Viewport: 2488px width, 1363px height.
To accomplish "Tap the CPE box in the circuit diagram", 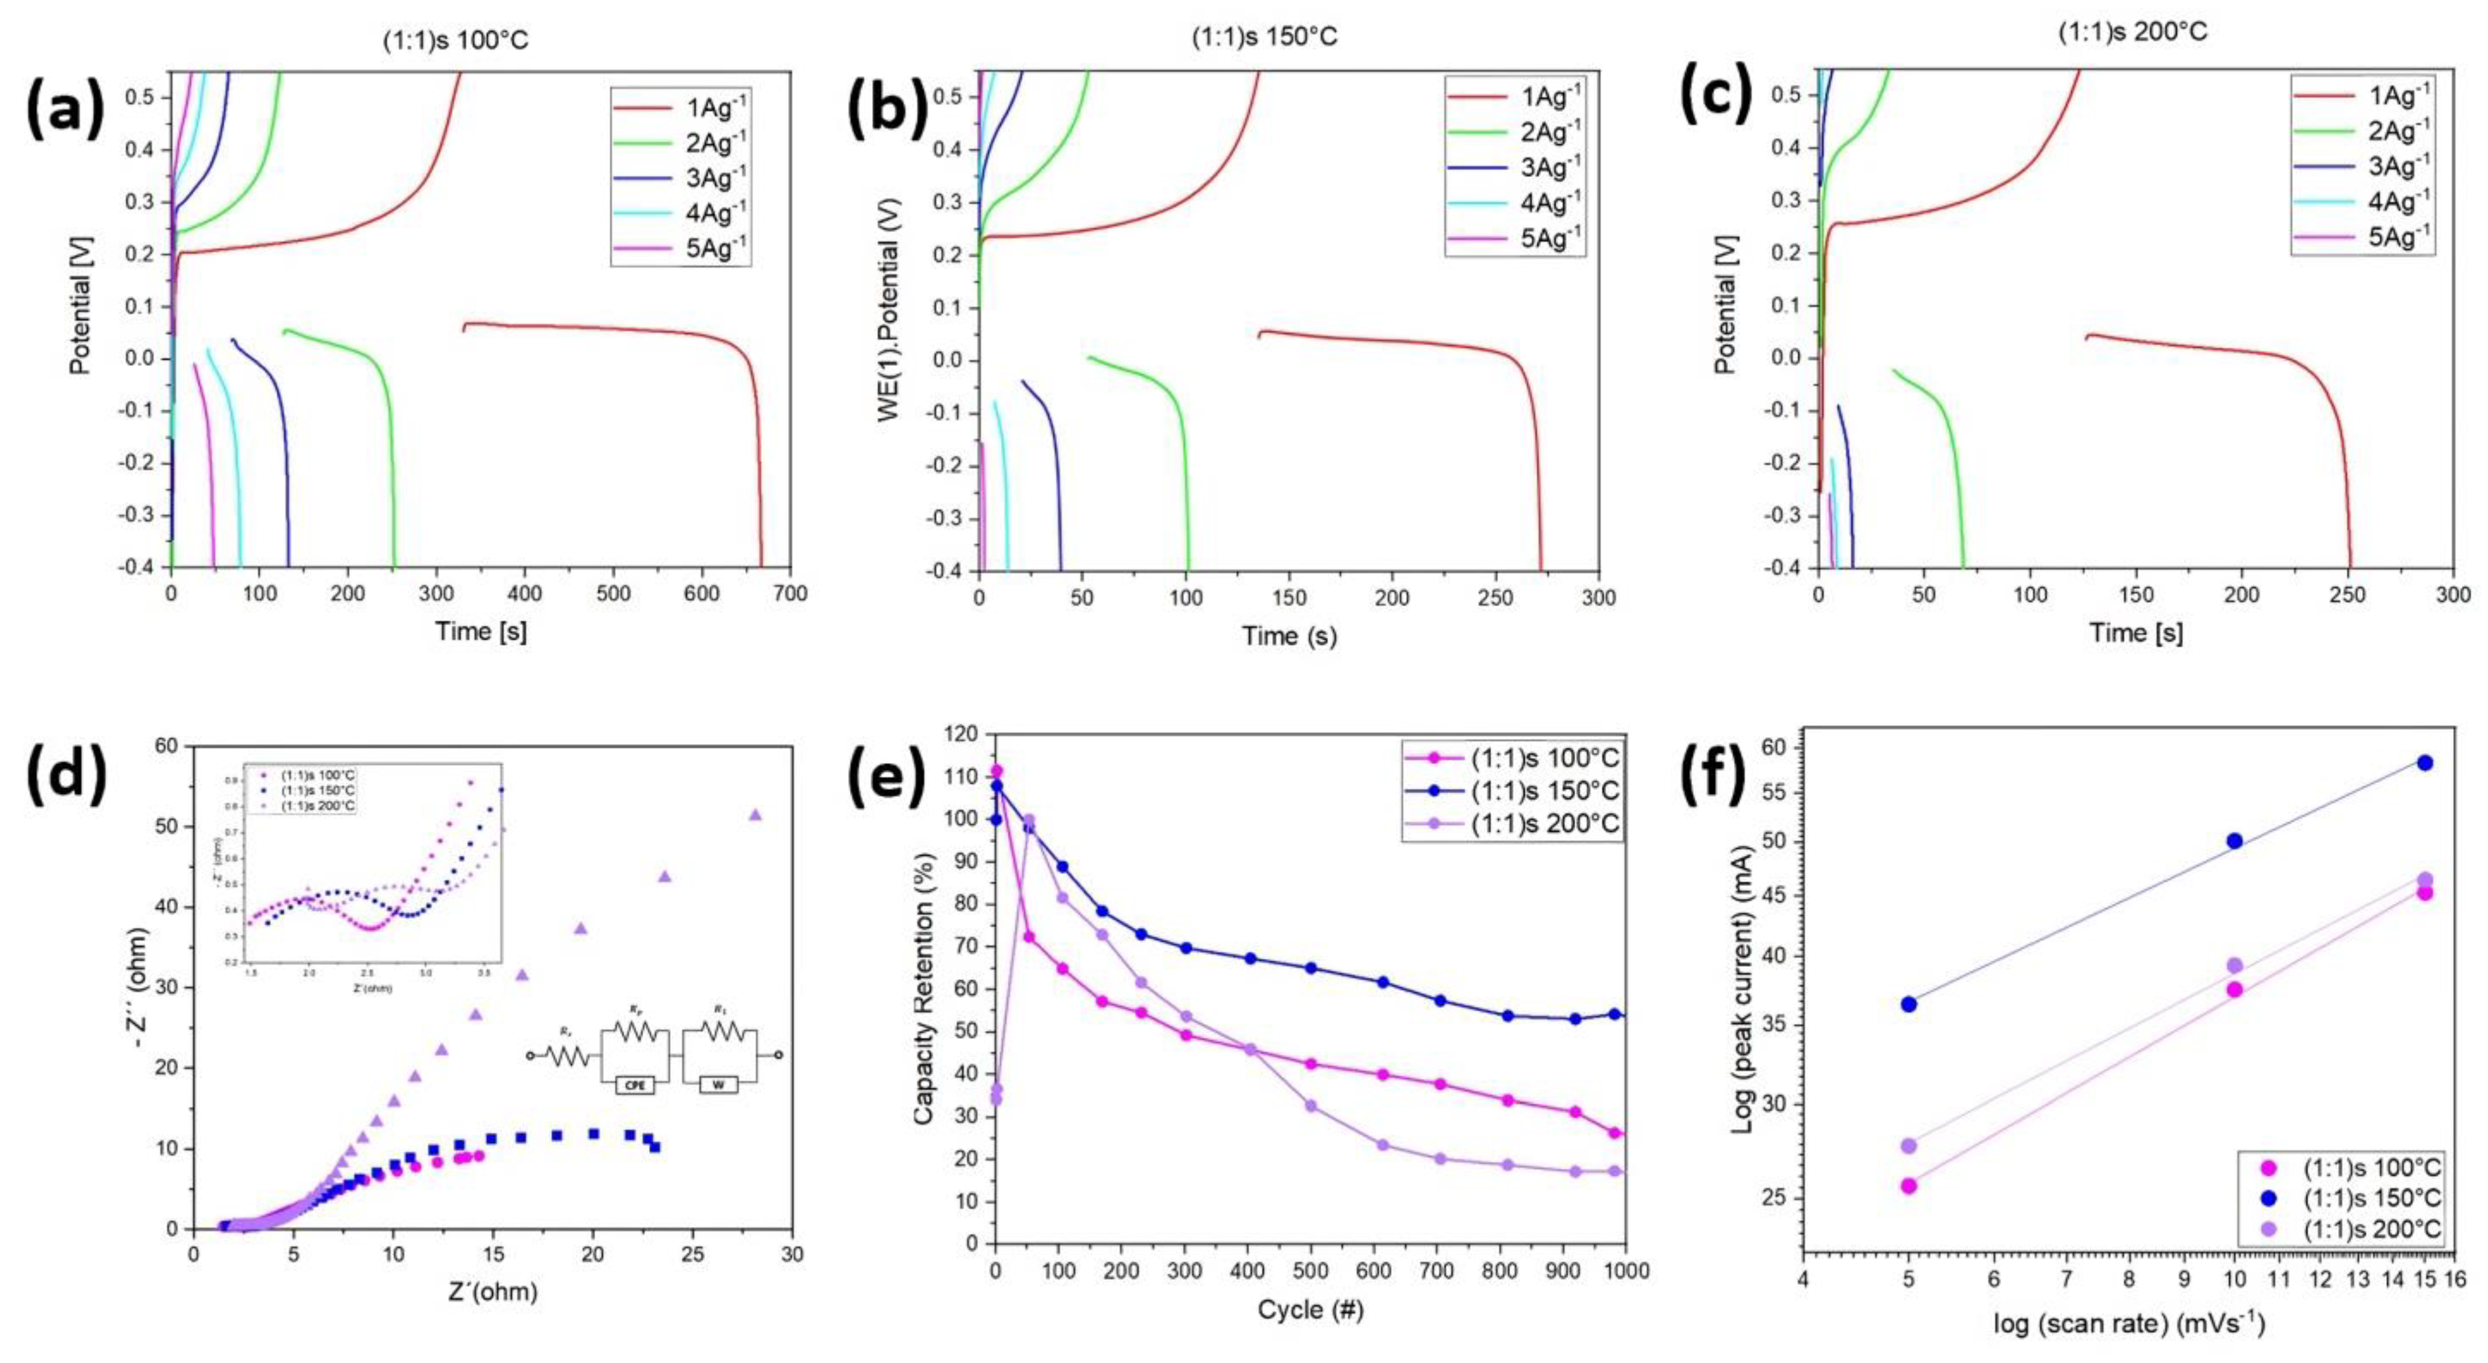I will [635, 1085].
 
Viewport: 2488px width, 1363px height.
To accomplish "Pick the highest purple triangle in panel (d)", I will [755, 814].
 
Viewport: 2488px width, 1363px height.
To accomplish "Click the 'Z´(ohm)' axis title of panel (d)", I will [492, 1292].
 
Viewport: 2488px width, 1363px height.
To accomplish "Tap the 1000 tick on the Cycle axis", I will [1626, 1271].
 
